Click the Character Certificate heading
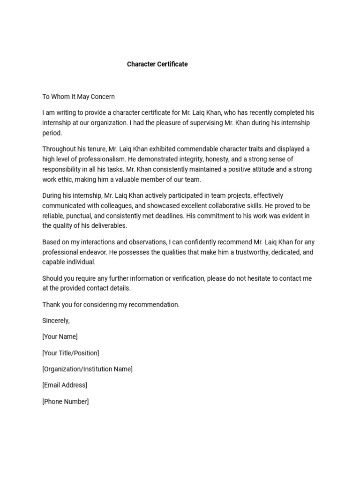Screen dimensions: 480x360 tap(157, 64)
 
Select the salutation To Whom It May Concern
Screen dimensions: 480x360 tap(78, 97)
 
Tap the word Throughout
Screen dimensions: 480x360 tap(59, 149)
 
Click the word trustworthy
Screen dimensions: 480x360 tap(246, 252)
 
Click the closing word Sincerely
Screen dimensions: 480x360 tap(56, 321)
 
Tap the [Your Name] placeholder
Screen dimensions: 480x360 tap(60, 337)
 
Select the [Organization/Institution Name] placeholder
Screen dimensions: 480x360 tap(87, 369)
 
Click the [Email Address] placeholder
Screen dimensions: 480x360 tap(65, 385)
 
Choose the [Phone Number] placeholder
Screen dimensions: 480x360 tap(65, 401)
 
